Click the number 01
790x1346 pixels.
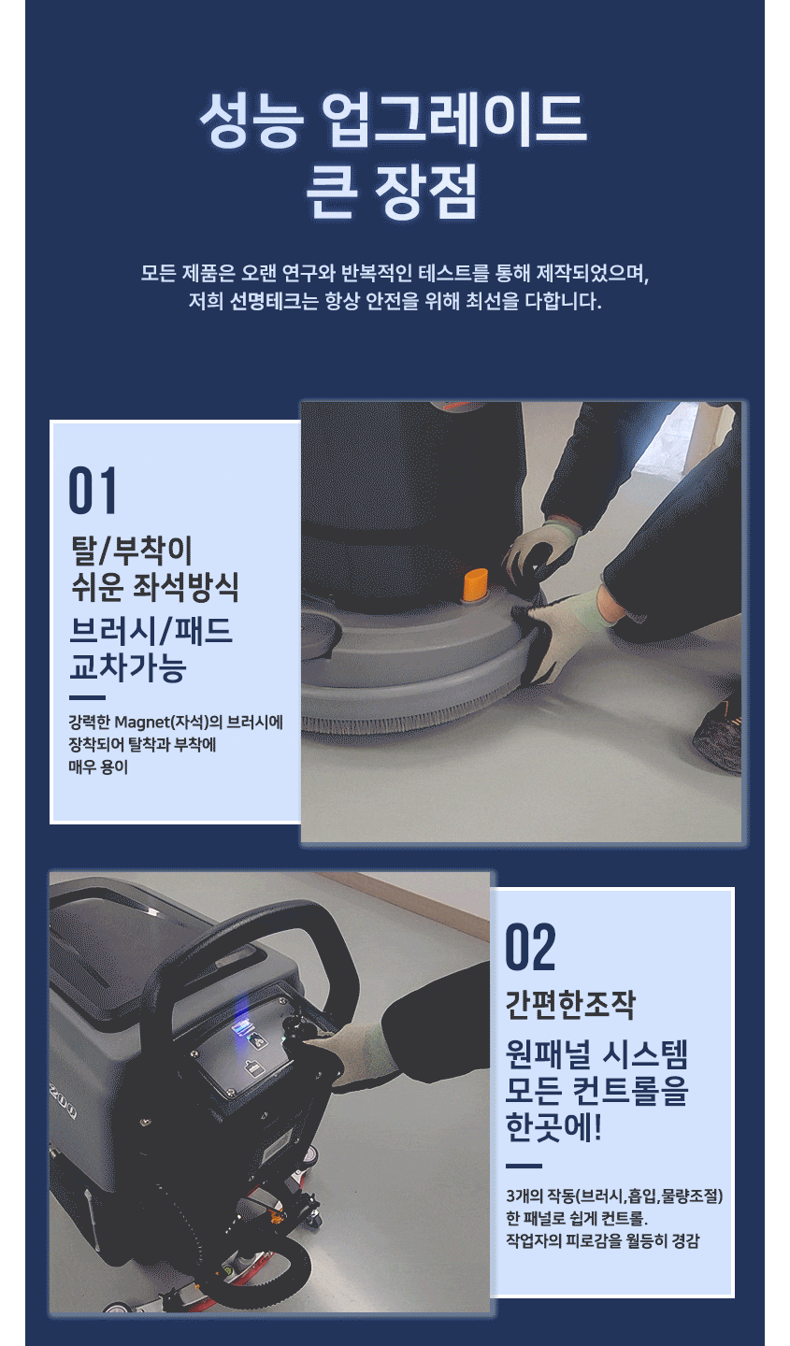92,490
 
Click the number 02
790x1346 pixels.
530,947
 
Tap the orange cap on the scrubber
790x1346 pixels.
475,584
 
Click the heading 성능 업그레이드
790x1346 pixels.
394,120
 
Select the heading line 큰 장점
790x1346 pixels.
393,191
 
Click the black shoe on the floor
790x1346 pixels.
718,737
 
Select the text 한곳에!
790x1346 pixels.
553,1127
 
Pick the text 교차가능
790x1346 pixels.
127,666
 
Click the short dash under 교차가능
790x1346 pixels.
87,697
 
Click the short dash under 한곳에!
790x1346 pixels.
524,1166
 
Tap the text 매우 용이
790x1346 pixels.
98,766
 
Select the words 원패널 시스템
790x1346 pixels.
596,1054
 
